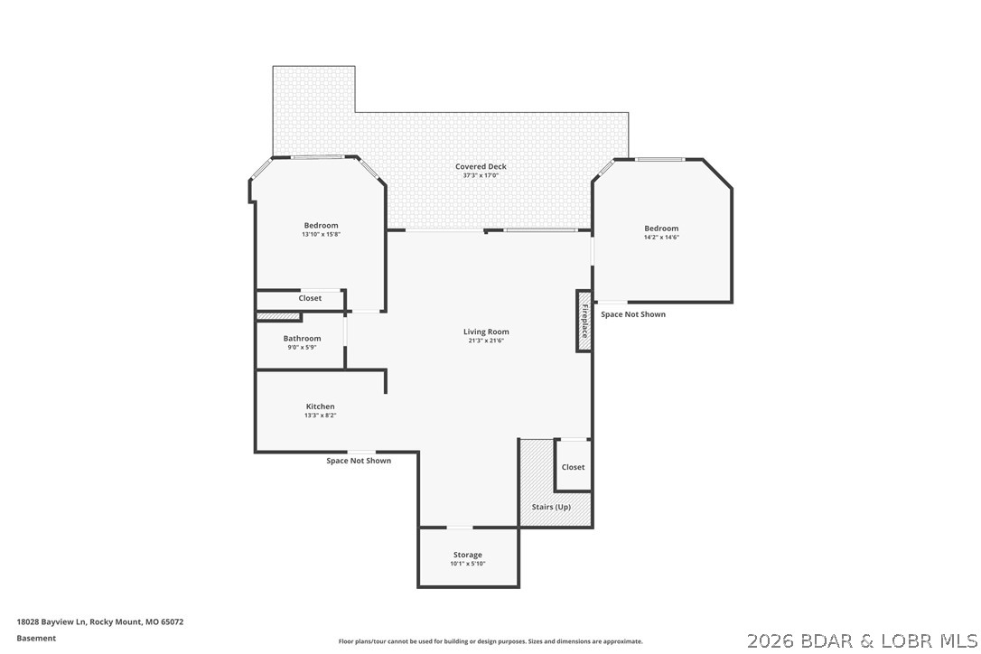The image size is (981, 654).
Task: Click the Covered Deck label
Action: [x=481, y=166]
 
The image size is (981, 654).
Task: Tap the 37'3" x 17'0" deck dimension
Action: [x=481, y=175]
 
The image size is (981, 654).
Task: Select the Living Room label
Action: [x=486, y=332]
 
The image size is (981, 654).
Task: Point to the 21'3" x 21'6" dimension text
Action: [x=486, y=341]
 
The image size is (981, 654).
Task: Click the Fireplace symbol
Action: [x=584, y=321]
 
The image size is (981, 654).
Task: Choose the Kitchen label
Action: [x=320, y=406]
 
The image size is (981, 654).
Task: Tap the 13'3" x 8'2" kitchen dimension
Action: [x=320, y=416]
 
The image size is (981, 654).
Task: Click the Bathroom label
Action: [x=302, y=339]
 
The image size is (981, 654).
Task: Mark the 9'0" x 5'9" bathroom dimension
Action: [x=302, y=348]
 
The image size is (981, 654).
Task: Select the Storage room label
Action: [x=467, y=555]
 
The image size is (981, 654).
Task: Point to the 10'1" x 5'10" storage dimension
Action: [x=467, y=564]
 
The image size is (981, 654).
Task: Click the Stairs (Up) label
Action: [x=551, y=507]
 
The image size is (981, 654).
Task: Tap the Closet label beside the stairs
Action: [x=573, y=467]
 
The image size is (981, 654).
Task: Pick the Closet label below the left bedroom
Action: [x=310, y=298]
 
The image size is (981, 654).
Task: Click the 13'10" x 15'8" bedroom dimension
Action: [x=321, y=234]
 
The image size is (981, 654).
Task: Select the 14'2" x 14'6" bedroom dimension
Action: [x=661, y=238]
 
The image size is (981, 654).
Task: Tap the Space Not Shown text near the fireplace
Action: [x=633, y=314]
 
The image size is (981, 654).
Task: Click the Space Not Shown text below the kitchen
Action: [x=359, y=461]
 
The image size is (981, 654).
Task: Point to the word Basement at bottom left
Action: [x=36, y=638]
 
